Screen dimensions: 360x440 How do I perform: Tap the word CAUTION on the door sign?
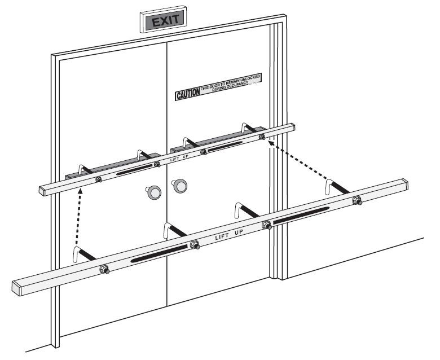(x=187, y=94)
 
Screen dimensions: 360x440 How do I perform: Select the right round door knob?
(x=179, y=185)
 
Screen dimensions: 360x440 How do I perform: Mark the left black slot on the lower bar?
(x=160, y=253)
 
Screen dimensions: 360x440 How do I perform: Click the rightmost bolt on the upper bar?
(x=261, y=137)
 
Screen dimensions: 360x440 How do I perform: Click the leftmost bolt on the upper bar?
(x=98, y=179)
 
